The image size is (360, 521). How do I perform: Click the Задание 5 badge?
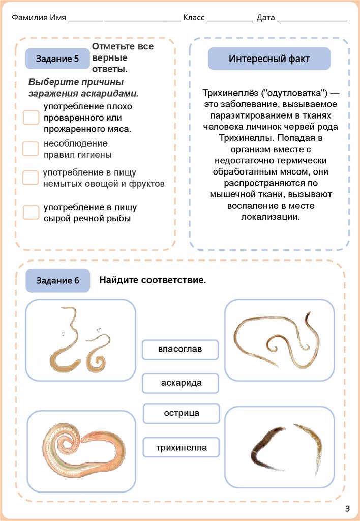(x=57, y=59)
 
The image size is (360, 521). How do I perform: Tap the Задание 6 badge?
(x=57, y=281)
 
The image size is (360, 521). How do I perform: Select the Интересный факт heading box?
(x=269, y=59)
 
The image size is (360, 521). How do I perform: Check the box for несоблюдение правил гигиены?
(x=31, y=149)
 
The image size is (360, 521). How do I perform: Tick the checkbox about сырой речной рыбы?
(x=31, y=212)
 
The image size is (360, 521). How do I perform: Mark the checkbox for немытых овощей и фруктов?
(x=31, y=178)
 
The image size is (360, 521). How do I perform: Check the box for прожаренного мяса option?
(x=31, y=118)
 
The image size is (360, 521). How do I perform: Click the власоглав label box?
(x=181, y=350)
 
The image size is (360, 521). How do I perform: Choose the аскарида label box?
(x=181, y=383)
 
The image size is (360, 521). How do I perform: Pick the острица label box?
(x=181, y=413)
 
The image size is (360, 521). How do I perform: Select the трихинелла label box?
(x=181, y=448)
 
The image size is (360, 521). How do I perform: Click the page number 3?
(x=347, y=508)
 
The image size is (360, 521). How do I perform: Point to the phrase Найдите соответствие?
(x=153, y=280)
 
